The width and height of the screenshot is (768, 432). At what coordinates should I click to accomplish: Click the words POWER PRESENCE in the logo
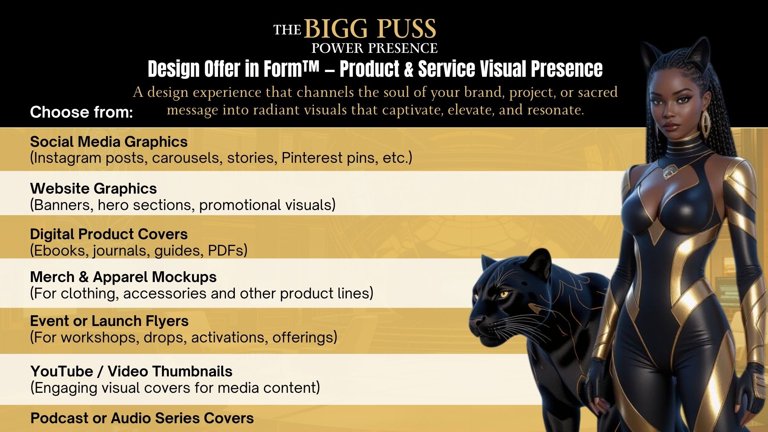[374, 48]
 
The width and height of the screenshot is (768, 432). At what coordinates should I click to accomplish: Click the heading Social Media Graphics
[109, 142]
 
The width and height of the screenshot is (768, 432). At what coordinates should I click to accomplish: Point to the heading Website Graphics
[94, 189]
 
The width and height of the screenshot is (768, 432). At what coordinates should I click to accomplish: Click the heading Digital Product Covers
[109, 234]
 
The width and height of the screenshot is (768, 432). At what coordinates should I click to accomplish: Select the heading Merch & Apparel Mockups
[123, 277]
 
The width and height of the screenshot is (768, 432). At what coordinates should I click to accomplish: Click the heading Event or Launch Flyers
[109, 321]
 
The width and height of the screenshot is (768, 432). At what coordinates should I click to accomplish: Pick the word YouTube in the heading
[62, 372]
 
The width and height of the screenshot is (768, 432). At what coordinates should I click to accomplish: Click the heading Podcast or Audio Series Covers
[142, 418]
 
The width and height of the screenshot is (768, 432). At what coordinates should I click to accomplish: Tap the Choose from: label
[81, 112]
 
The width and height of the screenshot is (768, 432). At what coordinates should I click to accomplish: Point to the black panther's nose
[476, 321]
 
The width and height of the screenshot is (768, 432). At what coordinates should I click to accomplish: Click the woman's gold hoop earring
[705, 122]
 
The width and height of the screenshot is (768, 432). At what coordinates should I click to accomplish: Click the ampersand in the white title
[408, 69]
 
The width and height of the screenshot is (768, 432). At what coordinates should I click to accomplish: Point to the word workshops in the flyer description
[100, 338]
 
